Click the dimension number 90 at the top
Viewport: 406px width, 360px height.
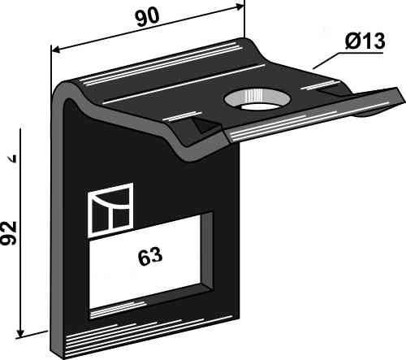point(147,17)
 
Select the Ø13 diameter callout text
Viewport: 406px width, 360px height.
point(365,41)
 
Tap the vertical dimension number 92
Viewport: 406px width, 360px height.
point(9,233)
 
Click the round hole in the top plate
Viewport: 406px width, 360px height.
point(257,99)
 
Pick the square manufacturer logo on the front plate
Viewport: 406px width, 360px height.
point(112,209)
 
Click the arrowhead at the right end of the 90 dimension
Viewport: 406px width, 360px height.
point(240,7)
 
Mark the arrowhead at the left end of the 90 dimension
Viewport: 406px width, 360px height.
point(55,50)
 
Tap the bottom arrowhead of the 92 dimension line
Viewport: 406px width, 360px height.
point(20,334)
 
